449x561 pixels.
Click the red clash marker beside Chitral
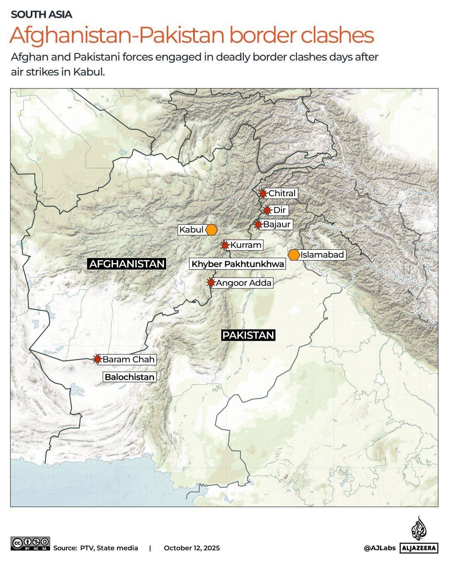pos(263,193)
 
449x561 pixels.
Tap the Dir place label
pos(280,210)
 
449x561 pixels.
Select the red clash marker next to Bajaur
pos(258,225)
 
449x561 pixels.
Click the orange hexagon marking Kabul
pos(211,230)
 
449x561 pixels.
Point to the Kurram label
pos(246,245)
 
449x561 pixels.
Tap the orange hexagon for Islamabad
pos(294,255)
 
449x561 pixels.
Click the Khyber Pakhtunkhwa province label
pos(238,264)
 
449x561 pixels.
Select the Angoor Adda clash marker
pos(211,283)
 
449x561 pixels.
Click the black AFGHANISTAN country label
pos(127,263)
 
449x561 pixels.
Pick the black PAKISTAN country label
pos(248,335)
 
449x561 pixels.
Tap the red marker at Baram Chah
pos(98,359)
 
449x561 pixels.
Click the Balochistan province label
pos(130,377)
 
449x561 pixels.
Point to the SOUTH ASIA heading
pos(42,15)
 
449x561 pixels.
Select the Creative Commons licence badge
pos(30,544)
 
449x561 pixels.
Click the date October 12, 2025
pos(192,548)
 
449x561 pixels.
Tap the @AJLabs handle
pos(380,548)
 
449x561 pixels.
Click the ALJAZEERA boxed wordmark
pos(419,548)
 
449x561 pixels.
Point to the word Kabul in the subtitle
pos(88,71)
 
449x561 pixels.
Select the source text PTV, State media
pos(109,548)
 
